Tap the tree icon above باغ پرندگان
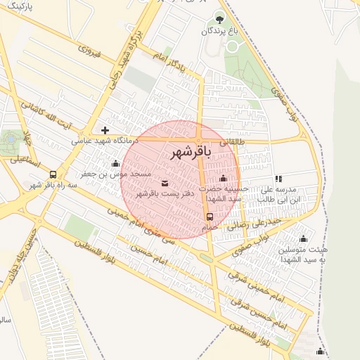point(219,19)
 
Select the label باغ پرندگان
point(219,31)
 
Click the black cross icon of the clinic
point(105,130)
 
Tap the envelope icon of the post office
point(165,184)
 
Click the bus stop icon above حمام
point(210,217)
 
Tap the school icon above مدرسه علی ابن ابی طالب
point(278,179)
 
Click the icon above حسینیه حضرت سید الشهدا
point(224,178)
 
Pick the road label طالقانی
point(233,142)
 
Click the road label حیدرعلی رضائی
point(261,221)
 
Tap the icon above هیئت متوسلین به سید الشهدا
point(303,238)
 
